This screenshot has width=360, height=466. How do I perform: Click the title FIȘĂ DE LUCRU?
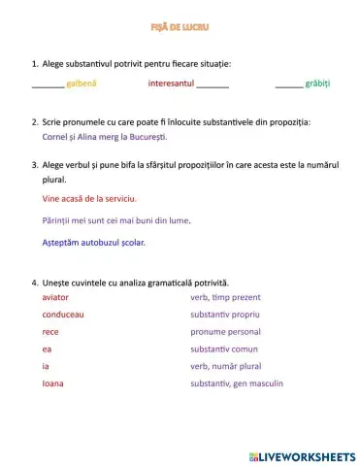point(180,27)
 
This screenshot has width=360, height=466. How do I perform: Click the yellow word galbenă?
point(82,84)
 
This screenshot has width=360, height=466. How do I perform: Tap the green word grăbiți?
point(318,84)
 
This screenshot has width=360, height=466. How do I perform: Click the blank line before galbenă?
point(48,87)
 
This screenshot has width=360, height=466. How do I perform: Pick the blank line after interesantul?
point(213,87)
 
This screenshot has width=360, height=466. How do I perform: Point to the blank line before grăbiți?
point(288,87)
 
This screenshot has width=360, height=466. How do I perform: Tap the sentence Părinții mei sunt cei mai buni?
point(116,220)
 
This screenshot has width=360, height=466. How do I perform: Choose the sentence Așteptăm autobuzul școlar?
point(94,243)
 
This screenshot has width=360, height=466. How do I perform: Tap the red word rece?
point(50,332)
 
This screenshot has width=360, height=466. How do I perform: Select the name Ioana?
point(53,383)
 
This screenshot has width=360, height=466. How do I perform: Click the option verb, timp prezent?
point(226,297)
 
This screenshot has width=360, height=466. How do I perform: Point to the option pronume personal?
point(229,332)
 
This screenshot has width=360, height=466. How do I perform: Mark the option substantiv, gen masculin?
point(238,383)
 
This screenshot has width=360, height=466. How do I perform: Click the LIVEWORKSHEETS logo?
point(302,455)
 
